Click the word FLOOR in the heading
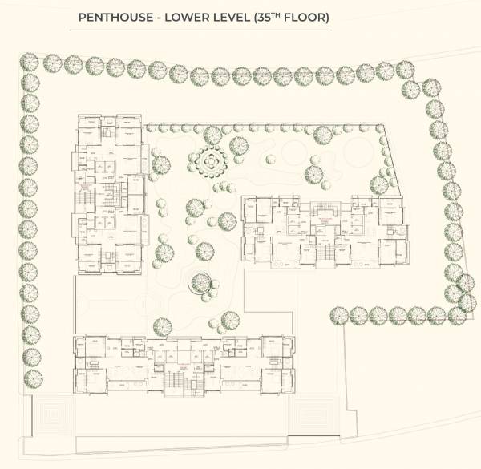(x=305, y=16)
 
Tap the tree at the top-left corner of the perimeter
(x=30, y=62)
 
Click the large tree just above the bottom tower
(x=162, y=326)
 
